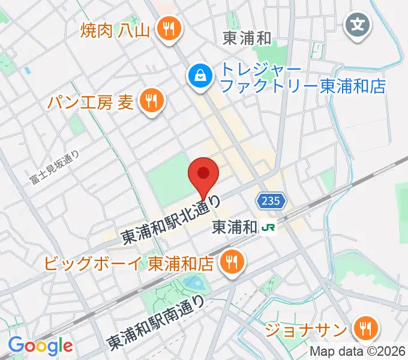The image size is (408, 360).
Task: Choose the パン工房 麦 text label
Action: (x=91, y=102)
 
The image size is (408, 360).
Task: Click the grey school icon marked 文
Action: (x=359, y=25)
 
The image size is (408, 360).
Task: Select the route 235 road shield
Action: (x=270, y=202)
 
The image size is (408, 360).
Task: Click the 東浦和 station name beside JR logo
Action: (x=235, y=228)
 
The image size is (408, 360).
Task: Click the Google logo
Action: (x=40, y=346)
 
